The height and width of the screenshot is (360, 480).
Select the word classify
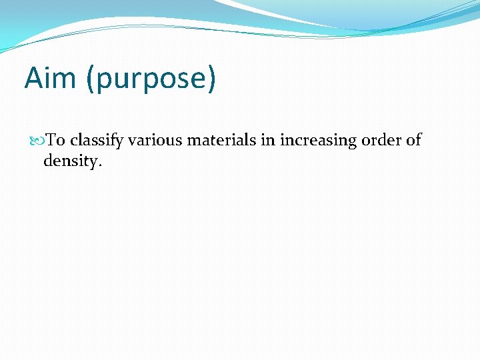coord(97,141)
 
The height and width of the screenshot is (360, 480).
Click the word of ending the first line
coord(414,140)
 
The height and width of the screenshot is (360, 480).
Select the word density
coord(70,161)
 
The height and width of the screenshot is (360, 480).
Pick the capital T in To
coord(52,140)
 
